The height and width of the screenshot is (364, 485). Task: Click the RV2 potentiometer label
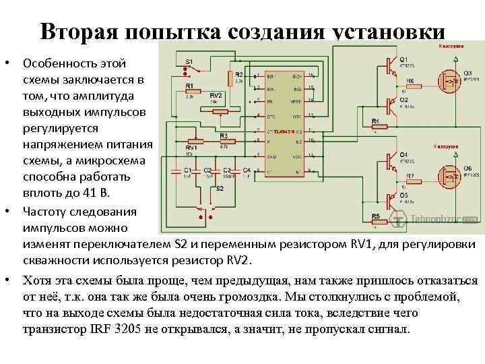coord(216,95)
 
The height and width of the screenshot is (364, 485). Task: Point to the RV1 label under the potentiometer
coord(191,146)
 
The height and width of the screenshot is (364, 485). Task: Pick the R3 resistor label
coord(223,135)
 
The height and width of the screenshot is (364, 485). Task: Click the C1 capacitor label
coord(187,170)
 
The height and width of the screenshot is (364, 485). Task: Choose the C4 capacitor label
coord(247,170)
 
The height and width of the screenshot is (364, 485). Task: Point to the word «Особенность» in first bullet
coord(55,64)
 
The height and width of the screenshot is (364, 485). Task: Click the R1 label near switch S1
coord(189,86)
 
